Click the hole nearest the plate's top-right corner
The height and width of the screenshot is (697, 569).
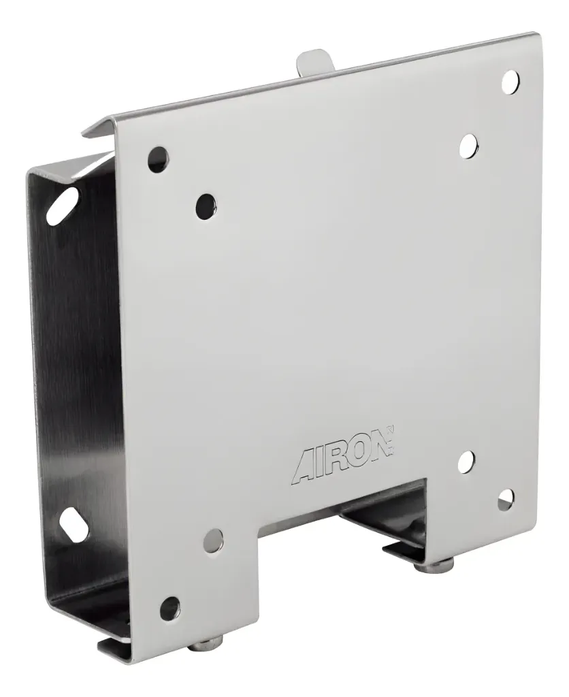[510, 81]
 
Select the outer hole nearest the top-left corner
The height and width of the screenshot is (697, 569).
[157, 159]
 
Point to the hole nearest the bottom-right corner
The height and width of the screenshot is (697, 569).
[505, 501]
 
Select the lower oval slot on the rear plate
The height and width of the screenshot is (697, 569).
[73, 525]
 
